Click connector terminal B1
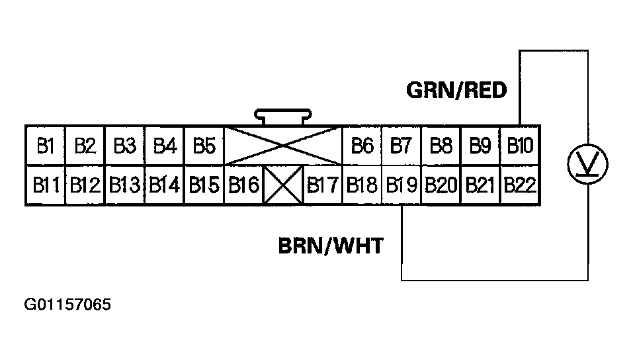(x=45, y=146)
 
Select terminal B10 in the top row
(x=520, y=146)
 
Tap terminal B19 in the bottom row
(x=401, y=185)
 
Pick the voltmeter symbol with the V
(x=588, y=164)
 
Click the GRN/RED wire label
(x=456, y=90)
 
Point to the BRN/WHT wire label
(x=330, y=246)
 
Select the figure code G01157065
(x=67, y=305)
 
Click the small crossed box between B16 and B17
(x=283, y=185)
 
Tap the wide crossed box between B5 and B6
(x=283, y=146)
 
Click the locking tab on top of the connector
(x=283, y=116)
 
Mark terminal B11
(x=45, y=185)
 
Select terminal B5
(x=204, y=146)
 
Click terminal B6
(x=362, y=146)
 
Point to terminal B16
(x=243, y=185)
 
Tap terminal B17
(x=323, y=185)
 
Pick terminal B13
(x=124, y=185)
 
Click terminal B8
(x=441, y=146)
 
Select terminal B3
(x=124, y=146)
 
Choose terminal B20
(x=441, y=185)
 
